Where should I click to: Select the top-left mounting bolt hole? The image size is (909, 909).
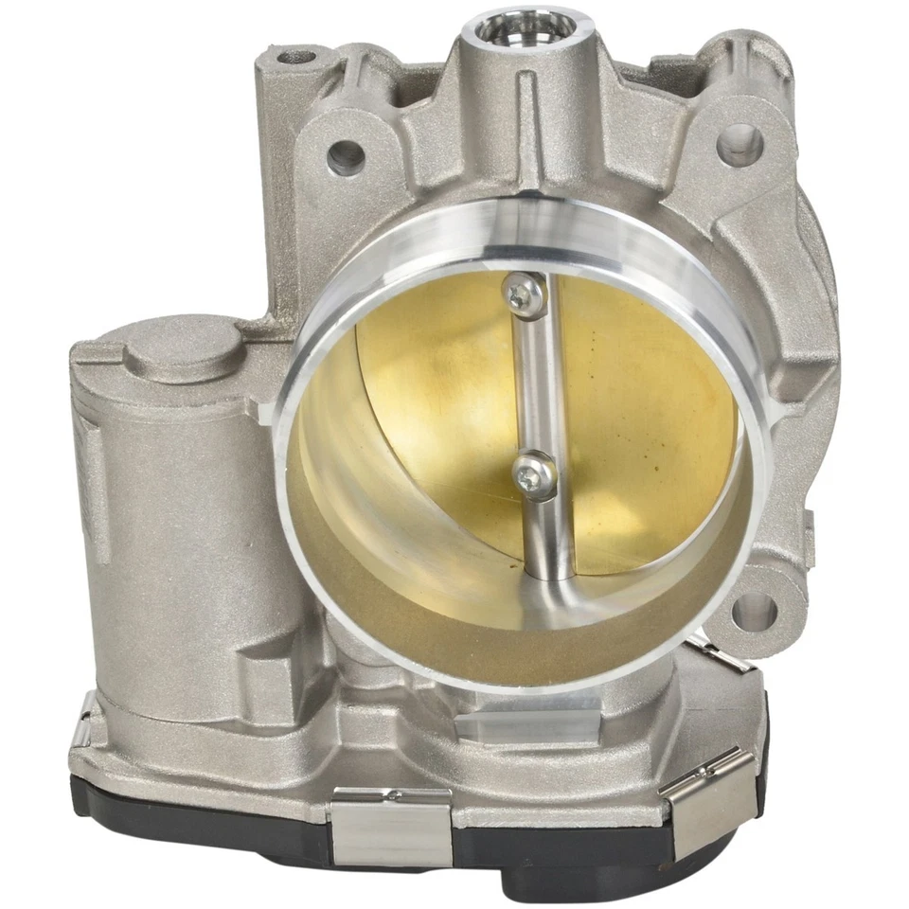(x=346, y=156)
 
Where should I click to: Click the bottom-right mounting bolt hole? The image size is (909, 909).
(x=754, y=612)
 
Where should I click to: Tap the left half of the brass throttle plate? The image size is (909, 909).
(x=436, y=398)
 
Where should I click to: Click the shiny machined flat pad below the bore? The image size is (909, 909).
(x=526, y=725)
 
